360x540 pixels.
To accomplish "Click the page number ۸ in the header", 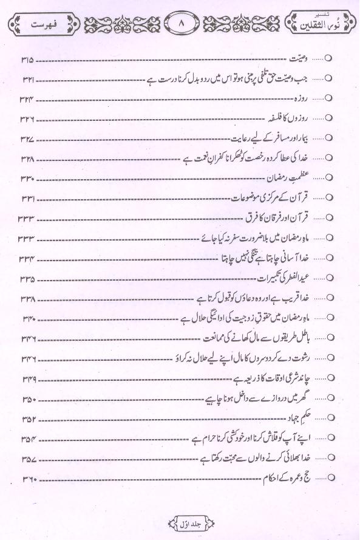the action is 179,26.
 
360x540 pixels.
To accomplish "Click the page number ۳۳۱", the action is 29,198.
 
